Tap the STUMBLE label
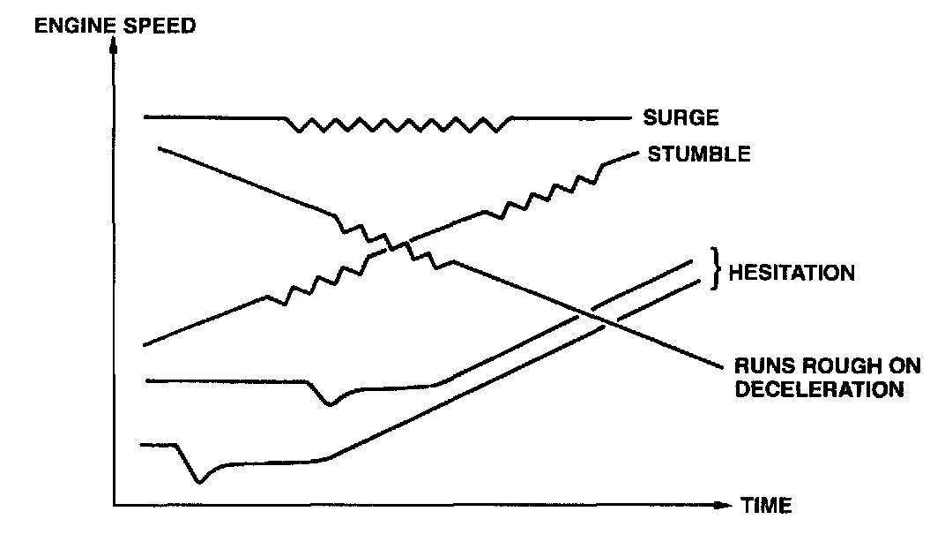pos(699,154)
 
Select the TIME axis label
pos(766,506)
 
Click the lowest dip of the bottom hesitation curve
pos(200,482)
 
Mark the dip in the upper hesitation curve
pos(330,404)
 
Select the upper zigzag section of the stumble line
pos(542,194)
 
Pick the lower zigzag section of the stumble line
pos(323,277)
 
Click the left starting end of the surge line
pos(145,117)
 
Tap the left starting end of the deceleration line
pos(159,147)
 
